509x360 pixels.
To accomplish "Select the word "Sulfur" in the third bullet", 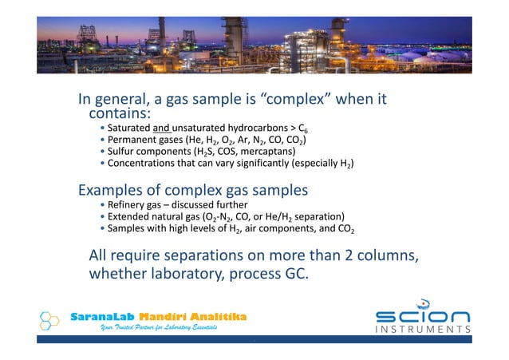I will click(x=123, y=151).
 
